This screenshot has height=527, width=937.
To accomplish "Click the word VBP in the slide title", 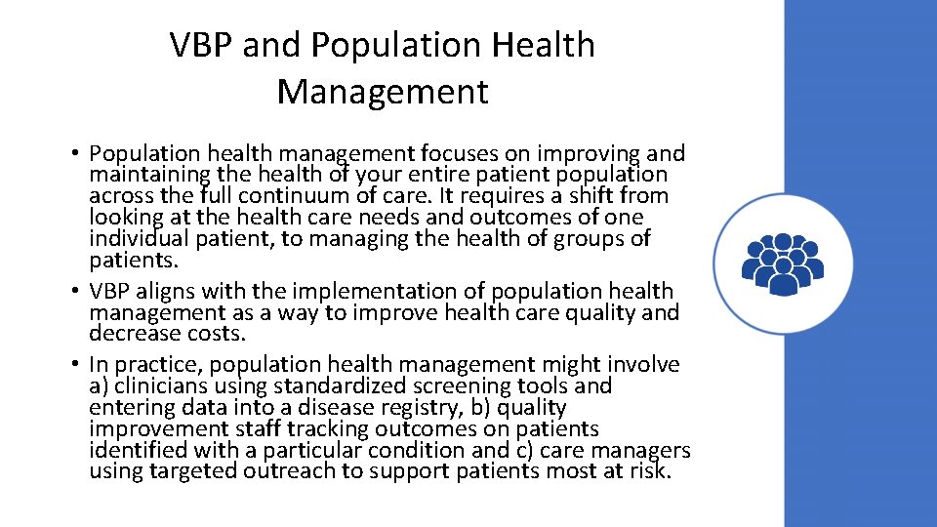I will pos(202,45).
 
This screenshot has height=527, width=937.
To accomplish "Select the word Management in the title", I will pos(382,92).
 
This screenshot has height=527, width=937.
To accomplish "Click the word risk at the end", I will pos(649,471).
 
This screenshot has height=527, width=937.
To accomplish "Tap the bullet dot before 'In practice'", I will pos(74,365).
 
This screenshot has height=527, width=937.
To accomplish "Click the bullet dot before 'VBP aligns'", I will pos(74,292).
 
